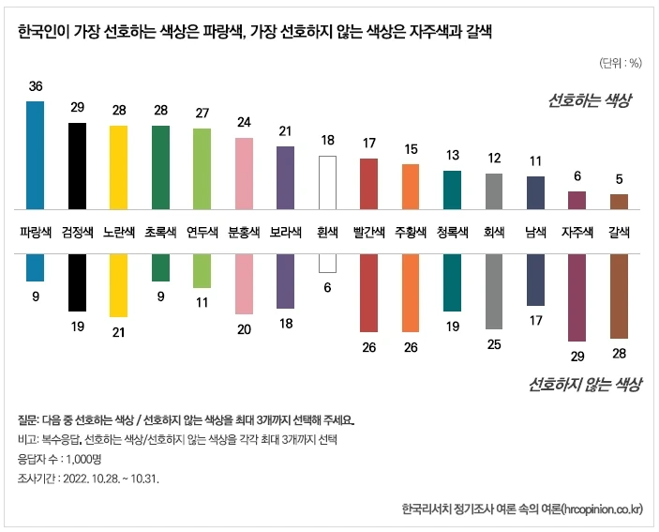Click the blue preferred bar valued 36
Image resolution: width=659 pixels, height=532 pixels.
pyautogui.click(x=35, y=154)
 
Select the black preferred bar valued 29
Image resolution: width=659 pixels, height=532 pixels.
pyautogui.click(x=77, y=165)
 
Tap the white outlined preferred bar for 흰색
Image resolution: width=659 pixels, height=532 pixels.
pyautogui.click(x=327, y=182)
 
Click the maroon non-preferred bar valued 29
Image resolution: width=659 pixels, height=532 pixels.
pyautogui.click(x=577, y=297)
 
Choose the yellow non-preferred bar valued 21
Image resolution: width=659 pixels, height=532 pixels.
pyautogui.click(x=118, y=285)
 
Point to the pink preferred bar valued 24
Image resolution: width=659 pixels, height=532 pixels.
pyautogui.click(x=244, y=173)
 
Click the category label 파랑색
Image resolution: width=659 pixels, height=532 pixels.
pyautogui.click(x=35, y=231)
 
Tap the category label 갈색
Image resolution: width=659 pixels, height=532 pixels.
pyautogui.click(x=619, y=231)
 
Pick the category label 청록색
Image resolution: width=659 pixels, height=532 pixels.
pyautogui.click(x=452, y=231)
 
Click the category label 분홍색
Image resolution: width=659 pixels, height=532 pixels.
pyautogui.click(x=244, y=231)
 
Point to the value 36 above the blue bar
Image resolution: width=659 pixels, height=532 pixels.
pyautogui.click(x=36, y=86)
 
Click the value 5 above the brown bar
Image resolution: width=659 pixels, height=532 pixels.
pyautogui.click(x=619, y=179)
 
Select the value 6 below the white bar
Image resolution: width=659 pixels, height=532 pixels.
pyautogui.click(x=327, y=288)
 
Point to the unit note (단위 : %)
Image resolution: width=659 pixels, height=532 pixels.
pyautogui.click(x=620, y=63)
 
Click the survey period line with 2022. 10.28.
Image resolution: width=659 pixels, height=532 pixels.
pyautogui.click(x=89, y=478)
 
